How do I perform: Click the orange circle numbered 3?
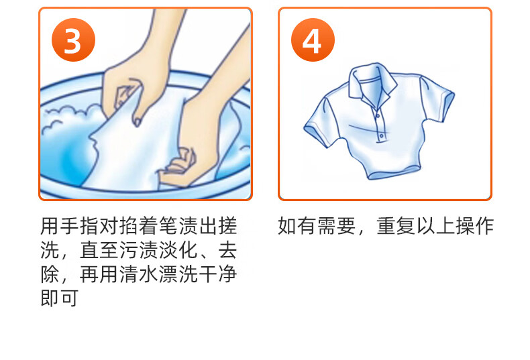[x=73, y=40]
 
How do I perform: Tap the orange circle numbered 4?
[x=313, y=40]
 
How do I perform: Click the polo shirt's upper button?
[x=378, y=116]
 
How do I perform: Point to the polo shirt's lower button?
[x=381, y=136]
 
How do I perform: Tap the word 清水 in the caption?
[x=139, y=274]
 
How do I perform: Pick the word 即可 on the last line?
[x=60, y=298]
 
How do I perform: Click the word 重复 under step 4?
[x=396, y=226]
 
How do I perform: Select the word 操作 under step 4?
[x=474, y=226]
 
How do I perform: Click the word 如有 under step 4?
[x=297, y=226]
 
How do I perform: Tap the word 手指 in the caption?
[x=80, y=226]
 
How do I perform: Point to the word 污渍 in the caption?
[x=139, y=250]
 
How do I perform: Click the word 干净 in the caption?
[x=217, y=274]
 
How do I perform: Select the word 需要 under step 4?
[x=336, y=226]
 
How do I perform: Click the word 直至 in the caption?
[x=99, y=250]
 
